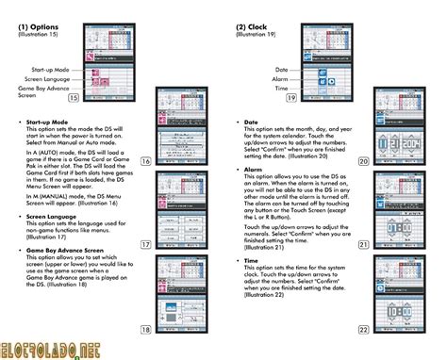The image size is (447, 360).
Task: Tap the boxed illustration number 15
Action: click(x=99, y=96)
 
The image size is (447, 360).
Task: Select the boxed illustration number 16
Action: click(x=146, y=162)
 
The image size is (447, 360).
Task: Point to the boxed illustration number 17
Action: click(x=146, y=245)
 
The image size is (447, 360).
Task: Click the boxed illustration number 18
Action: click(x=146, y=329)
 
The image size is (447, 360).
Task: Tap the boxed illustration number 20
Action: click(x=363, y=161)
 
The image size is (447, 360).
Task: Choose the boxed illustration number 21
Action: click(x=363, y=245)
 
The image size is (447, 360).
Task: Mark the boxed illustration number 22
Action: click(x=363, y=329)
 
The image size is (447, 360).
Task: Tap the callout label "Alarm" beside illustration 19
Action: click(x=281, y=79)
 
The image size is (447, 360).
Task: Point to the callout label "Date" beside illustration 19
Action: click(x=282, y=70)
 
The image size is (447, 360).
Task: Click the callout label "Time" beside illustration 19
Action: click(x=282, y=89)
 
